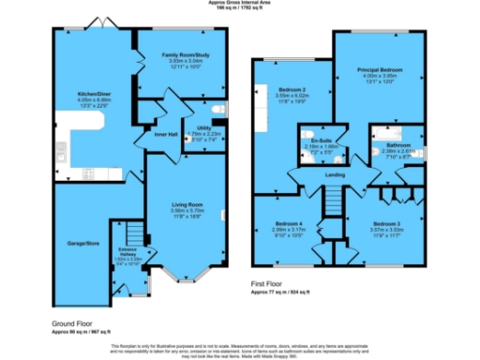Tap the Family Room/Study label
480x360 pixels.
tap(170, 56)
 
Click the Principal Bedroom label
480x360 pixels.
tap(379, 70)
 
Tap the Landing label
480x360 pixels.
tap(335, 175)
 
